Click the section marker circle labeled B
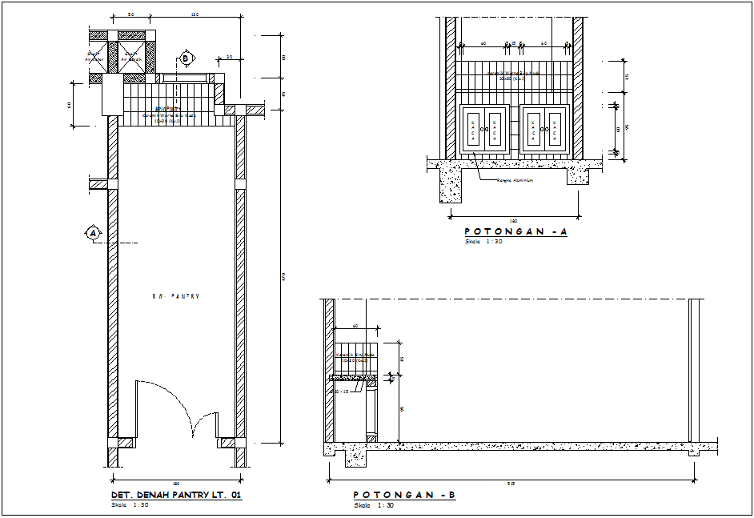pyautogui.click(x=186, y=58)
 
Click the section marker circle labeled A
pyautogui.click(x=93, y=233)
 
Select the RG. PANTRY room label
pyautogui.click(x=175, y=296)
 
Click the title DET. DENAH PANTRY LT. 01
pyautogui.click(x=175, y=496)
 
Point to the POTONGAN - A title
pyautogui.click(x=515, y=231)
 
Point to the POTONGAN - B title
pyautogui.click(x=404, y=496)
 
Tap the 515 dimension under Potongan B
pyautogui.click(x=511, y=484)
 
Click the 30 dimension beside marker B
pyautogui.click(x=229, y=58)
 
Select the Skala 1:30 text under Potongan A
pyautogui.click(x=483, y=241)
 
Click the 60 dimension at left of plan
pyautogui.click(x=70, y=104)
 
